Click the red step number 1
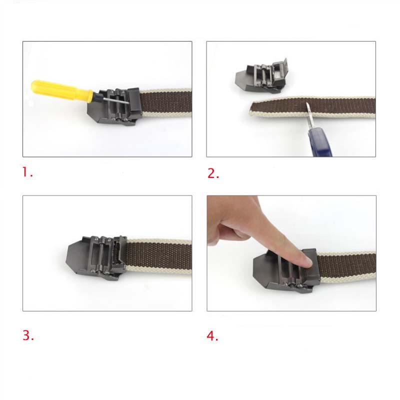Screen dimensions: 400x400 click(x=27, y=172)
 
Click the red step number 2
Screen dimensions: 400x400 click(x=213, y=173)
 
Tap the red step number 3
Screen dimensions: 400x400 click(x=28, y=335)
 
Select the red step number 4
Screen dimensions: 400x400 click(x=212, y=335)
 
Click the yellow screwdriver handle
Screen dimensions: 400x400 click(x=61, y=90)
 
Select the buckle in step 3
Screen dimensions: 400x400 click(x=96, y=257)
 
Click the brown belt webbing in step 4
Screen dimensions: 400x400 click(x=346, y=267)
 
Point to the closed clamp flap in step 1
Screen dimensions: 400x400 click(x=134, y=101)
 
